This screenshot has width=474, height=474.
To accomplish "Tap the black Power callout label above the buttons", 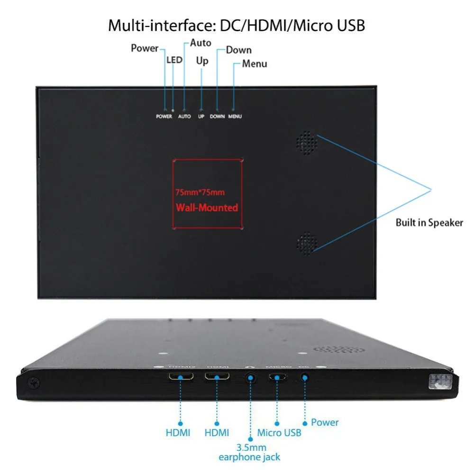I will (145, 48).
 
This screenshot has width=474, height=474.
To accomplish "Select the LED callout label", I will (174, 60).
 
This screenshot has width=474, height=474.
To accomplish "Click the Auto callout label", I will (201, 43).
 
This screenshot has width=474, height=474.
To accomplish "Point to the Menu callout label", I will (255, 64).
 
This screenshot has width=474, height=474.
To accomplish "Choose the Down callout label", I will (238, 50).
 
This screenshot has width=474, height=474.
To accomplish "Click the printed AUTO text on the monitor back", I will (184, 116).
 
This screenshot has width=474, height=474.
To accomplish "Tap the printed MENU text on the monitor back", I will (235, 116).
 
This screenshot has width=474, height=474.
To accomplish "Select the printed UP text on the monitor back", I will (201, 116).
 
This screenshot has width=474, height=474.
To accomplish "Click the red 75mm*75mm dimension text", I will (200, 192).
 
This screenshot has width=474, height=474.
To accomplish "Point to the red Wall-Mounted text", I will (207, 208).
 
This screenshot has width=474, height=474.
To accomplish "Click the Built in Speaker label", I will (429, 223).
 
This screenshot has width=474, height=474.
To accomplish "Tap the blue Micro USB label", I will (279, 432).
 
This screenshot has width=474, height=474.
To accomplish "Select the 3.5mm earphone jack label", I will (249, 452).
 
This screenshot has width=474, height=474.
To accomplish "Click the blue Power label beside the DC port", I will (325, 422).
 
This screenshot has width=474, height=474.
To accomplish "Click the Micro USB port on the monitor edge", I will (277, 378).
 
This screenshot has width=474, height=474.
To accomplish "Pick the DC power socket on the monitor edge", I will (305, 378).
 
